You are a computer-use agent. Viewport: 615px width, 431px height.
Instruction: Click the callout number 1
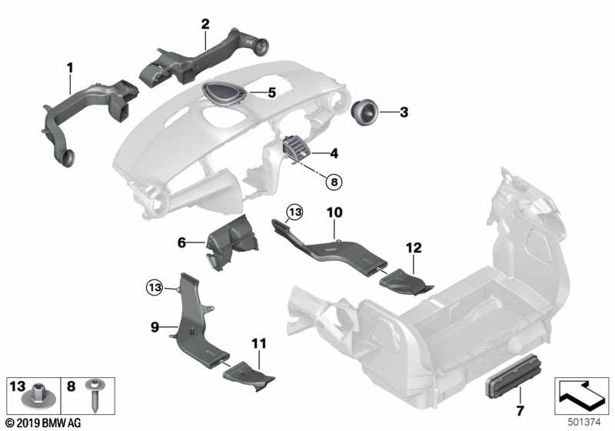tap(69, 68)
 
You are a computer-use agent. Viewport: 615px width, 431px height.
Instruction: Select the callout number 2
tap(205, 24)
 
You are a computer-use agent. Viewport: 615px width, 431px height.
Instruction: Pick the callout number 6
tap(182, 242)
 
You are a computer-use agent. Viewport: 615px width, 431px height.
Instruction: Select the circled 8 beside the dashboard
tap(334, 182)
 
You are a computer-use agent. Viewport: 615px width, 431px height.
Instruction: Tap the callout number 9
tap(155, 328)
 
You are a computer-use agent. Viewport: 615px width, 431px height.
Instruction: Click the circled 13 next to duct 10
tap(294, 211)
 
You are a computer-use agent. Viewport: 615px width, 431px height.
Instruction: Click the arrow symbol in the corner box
tap(581, 394)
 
